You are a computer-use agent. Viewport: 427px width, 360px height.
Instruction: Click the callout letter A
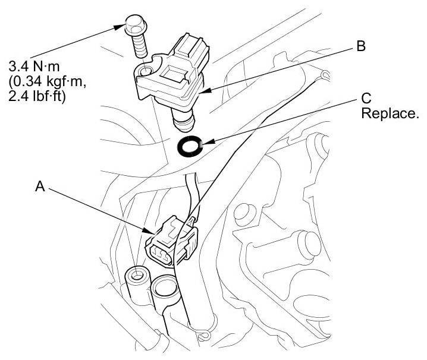[40, 186]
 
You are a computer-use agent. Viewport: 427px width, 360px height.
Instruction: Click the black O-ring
[191, 145]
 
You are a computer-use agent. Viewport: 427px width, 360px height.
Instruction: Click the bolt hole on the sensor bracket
[145, 74]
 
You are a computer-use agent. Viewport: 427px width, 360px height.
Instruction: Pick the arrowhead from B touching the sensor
[204, 92]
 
